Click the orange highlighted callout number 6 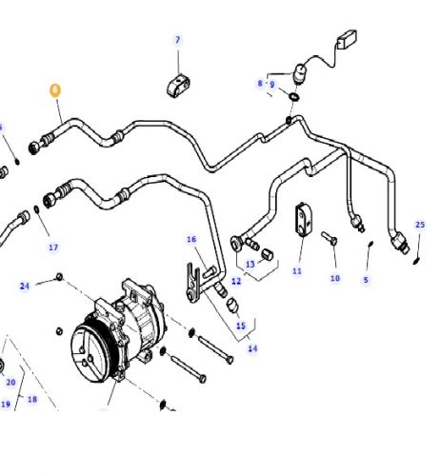[x=54, y=90]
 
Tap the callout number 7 [x=176, y=40]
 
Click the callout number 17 [x=53, y=248]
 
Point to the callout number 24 [x=26, y=285]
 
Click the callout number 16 [x=190, y=239]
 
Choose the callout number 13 [x=250, y=264]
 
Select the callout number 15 [x=241, y=326]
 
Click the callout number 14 [x=252, y=348]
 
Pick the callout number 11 [x=296, y=271]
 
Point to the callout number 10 [x=334, y=278]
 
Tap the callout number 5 [x=365, y=279]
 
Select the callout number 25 [x=419, y=225]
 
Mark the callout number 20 [x=11, y=382]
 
